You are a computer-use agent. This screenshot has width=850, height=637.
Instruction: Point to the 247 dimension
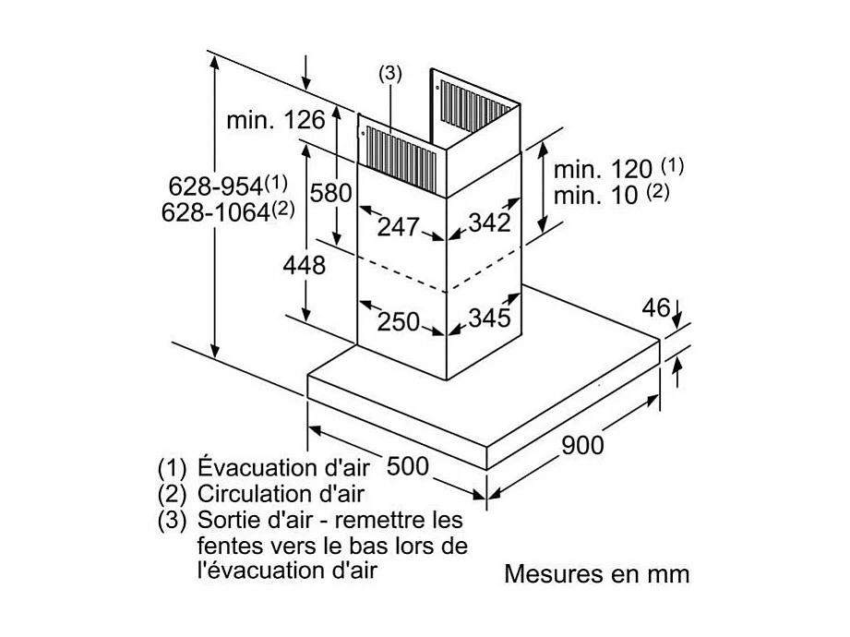click(399, 225)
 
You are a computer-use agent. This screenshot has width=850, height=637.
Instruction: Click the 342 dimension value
click(489, 223)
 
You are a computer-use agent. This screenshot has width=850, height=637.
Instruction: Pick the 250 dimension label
click(398, 321)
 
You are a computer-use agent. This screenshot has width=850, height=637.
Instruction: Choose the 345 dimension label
click(489, 318)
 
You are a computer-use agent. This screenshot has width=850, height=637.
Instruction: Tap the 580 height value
click(330, 193)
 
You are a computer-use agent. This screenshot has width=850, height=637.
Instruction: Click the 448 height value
click(305, 266)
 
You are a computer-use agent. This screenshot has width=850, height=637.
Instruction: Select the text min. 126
click(276, 119)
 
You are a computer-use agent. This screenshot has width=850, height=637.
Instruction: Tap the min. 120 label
click(605, 169)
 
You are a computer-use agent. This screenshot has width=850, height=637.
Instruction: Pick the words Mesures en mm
click(596, 573)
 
